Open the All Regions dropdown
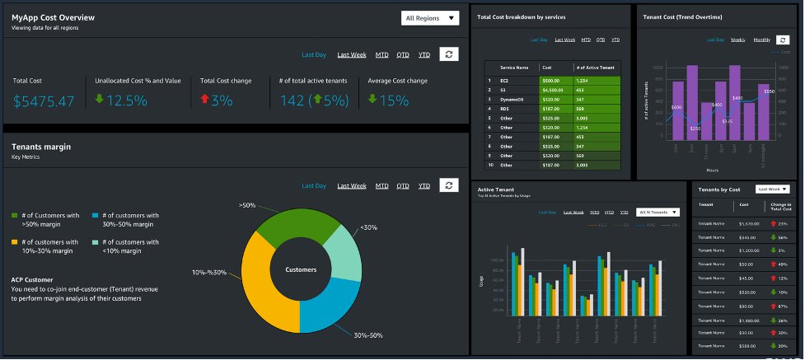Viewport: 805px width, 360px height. [x=430, y=18]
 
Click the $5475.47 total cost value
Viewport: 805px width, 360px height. [x=44, y=101]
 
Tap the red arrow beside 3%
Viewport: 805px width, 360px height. [x=205, y=100]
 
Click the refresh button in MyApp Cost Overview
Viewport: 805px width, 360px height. [x=448, y=54]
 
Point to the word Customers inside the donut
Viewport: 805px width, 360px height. [x=301, y=269]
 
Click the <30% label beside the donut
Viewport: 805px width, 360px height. [x=369, y=227]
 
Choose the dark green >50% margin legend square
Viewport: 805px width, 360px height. [x=15, y=216]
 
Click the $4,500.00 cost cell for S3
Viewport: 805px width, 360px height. [x=555, y=90]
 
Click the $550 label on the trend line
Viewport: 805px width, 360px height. [x=769, y=91]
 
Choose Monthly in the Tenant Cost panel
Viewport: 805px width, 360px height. [x=762, y=40]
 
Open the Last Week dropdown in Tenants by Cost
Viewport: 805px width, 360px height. [x=773, y=189]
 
